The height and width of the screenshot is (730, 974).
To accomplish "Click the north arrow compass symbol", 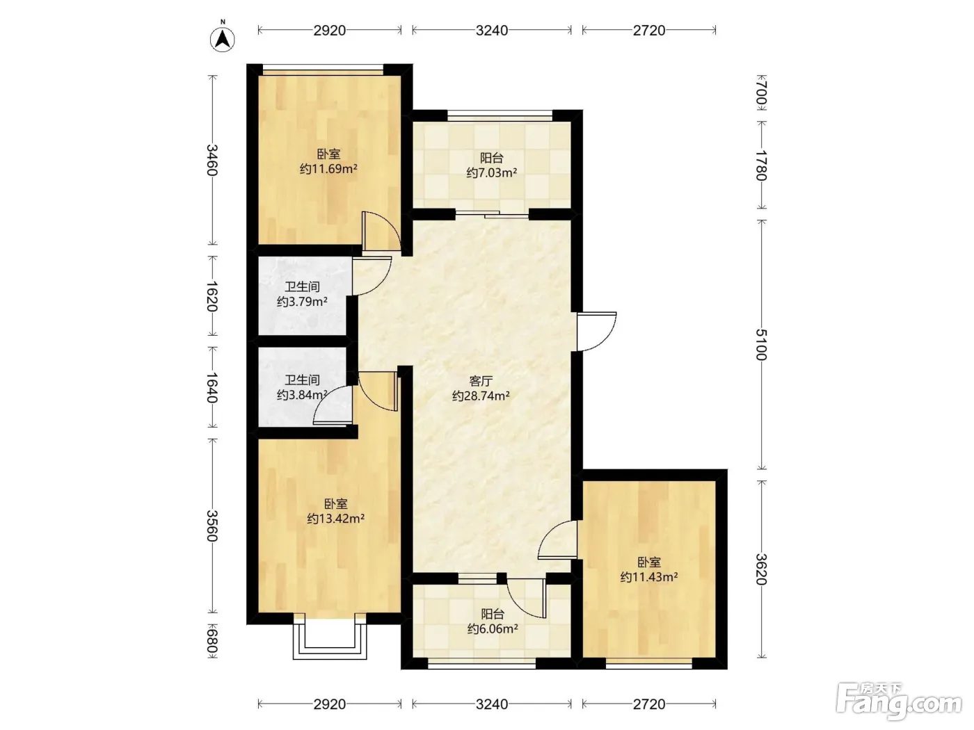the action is [223, 38].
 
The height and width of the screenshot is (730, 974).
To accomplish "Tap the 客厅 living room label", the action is [481, 381].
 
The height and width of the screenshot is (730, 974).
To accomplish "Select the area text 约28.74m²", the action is [481, 396].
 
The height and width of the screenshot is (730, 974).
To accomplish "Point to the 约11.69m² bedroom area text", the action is [328, 169].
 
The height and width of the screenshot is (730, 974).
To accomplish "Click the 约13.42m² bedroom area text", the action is [336, 519].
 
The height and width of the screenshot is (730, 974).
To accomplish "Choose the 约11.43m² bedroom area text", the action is [648, 577].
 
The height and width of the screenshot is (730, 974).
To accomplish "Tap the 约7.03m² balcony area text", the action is [492, 172].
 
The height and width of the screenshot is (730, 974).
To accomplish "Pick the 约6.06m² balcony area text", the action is [493, 628].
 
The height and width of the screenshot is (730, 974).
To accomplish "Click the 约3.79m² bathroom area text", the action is [302, 302].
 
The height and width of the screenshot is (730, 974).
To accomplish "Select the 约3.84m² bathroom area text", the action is [302, 395].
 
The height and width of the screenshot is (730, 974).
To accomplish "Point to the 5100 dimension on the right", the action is [761, 345].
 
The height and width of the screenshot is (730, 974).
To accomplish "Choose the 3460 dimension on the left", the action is [212, 160].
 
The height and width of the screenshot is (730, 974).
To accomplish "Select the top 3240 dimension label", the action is [492, 31].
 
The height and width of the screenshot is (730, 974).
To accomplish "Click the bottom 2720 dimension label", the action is [648, 704].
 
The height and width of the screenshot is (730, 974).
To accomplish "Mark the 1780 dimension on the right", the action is [761, 165].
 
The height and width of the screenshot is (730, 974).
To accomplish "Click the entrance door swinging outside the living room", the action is [597, 332].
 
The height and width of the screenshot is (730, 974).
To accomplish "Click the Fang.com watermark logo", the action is [899, 702].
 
